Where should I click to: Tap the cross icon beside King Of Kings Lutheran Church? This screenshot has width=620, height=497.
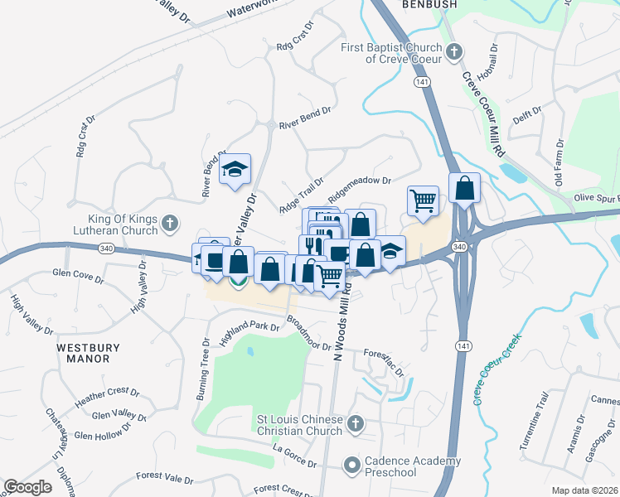click(x=170, y=224)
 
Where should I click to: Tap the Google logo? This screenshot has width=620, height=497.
click(x=27, y=487)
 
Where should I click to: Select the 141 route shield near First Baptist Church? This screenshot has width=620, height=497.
click(x=423, y=83)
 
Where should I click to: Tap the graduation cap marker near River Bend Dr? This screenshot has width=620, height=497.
click(x=235, y=169)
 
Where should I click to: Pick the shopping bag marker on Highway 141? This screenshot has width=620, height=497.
click(x=465, y=189)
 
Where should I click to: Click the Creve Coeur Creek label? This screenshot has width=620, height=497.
click(x=497, y=368)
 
